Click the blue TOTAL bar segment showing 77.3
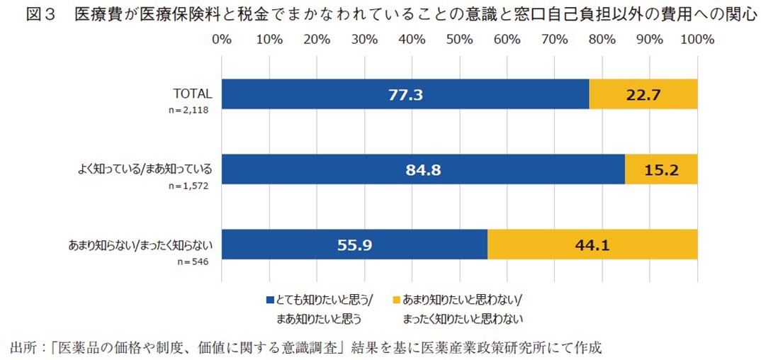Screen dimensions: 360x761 click(405, 94)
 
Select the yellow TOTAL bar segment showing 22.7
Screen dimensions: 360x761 click(643, 94)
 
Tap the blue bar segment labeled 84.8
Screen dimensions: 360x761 click(423, 169)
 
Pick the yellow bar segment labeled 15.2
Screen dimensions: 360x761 click(661, 169)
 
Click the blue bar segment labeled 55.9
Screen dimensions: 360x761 click(354, 245)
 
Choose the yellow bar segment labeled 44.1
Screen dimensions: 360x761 click(592, 245)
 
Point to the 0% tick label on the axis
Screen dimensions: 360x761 click(222, 40)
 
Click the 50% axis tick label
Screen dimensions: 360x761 click(460, 40)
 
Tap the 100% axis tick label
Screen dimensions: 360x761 click(697, 40)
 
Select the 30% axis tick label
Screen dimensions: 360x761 click(364, 40)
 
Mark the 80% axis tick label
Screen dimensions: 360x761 click(602, 40)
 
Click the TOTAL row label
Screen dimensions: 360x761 click(193, 93)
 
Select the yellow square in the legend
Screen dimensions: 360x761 click(396, 300)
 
